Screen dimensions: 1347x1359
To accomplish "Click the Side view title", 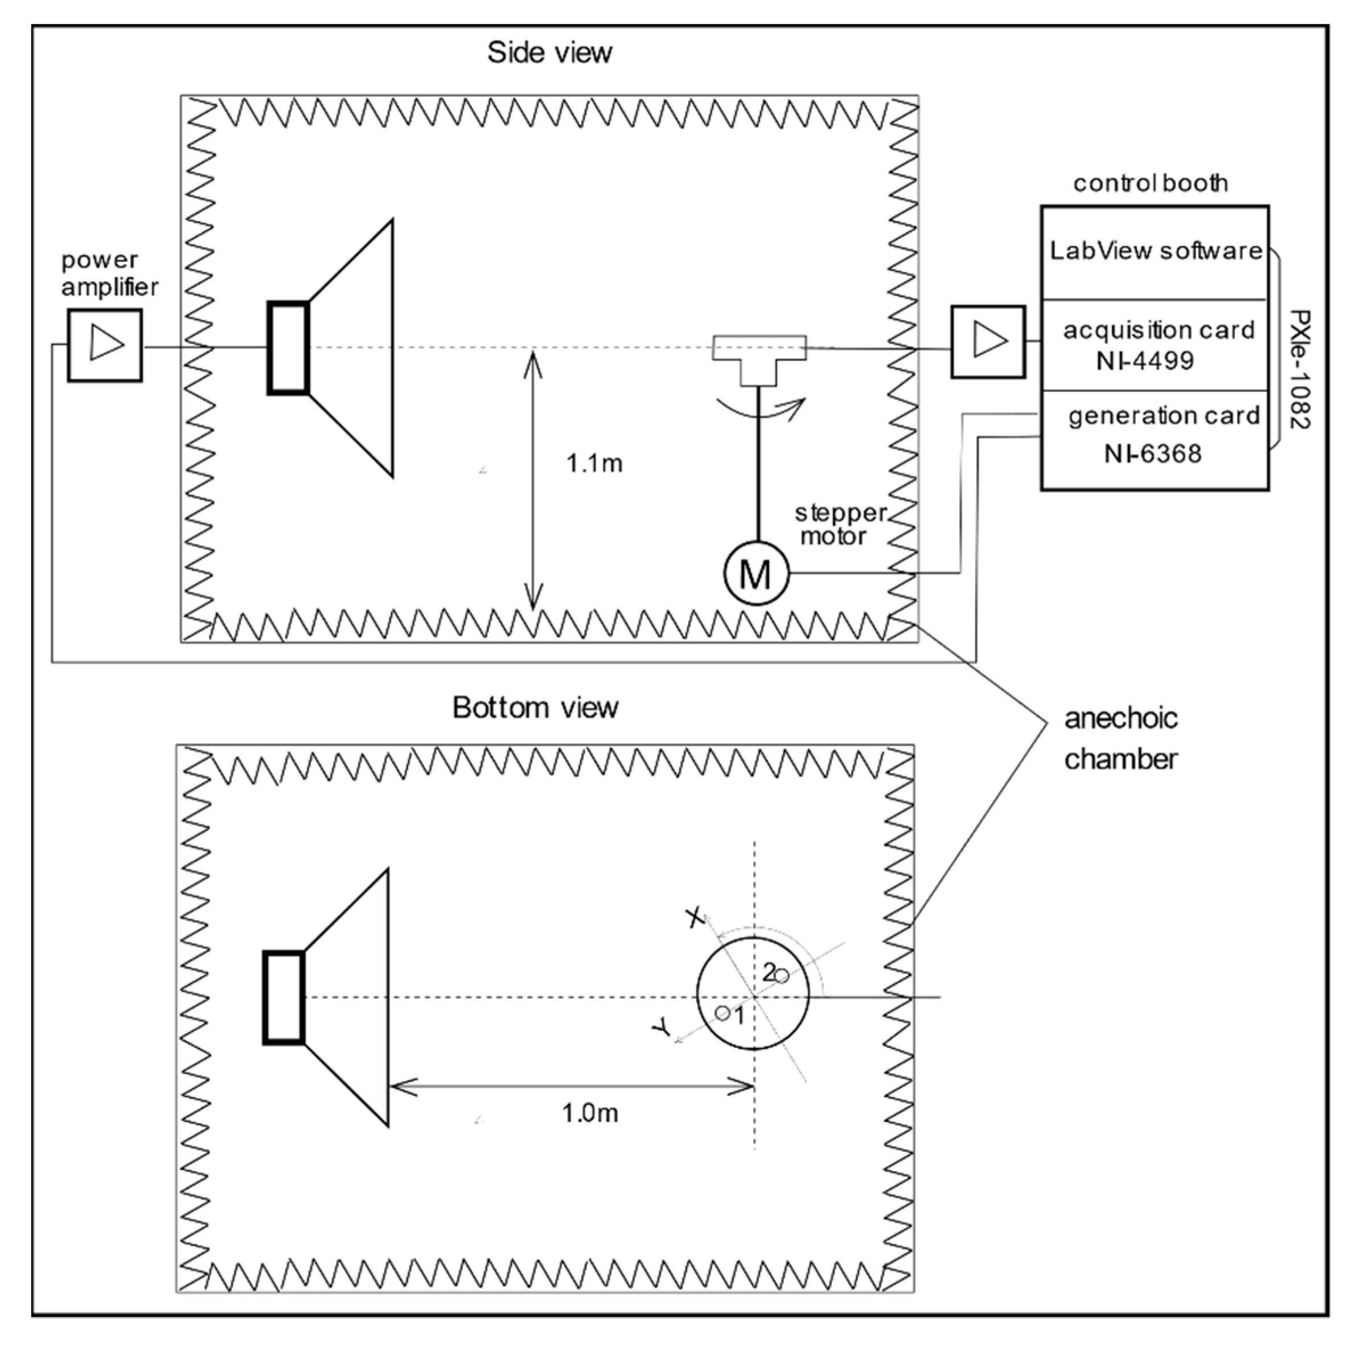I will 549,53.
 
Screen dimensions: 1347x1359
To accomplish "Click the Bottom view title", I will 535,707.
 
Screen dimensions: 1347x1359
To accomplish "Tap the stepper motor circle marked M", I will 756,573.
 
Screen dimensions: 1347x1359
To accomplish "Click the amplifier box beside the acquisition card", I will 988,342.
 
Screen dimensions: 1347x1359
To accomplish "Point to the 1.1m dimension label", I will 594,464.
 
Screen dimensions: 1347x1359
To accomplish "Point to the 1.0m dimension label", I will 589,1113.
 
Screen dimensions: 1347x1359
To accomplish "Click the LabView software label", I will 1155,251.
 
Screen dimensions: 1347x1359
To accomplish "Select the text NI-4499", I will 1144,361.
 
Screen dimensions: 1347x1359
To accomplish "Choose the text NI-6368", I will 1152,454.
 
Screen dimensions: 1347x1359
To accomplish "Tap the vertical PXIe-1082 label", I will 1300,370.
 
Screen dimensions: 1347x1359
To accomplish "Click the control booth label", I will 1150,183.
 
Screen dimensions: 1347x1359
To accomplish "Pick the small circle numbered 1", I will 722,1013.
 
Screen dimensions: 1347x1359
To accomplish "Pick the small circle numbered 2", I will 782,976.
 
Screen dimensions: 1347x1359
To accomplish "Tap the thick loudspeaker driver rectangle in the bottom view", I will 284,997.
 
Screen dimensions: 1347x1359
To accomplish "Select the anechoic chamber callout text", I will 1120,739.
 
